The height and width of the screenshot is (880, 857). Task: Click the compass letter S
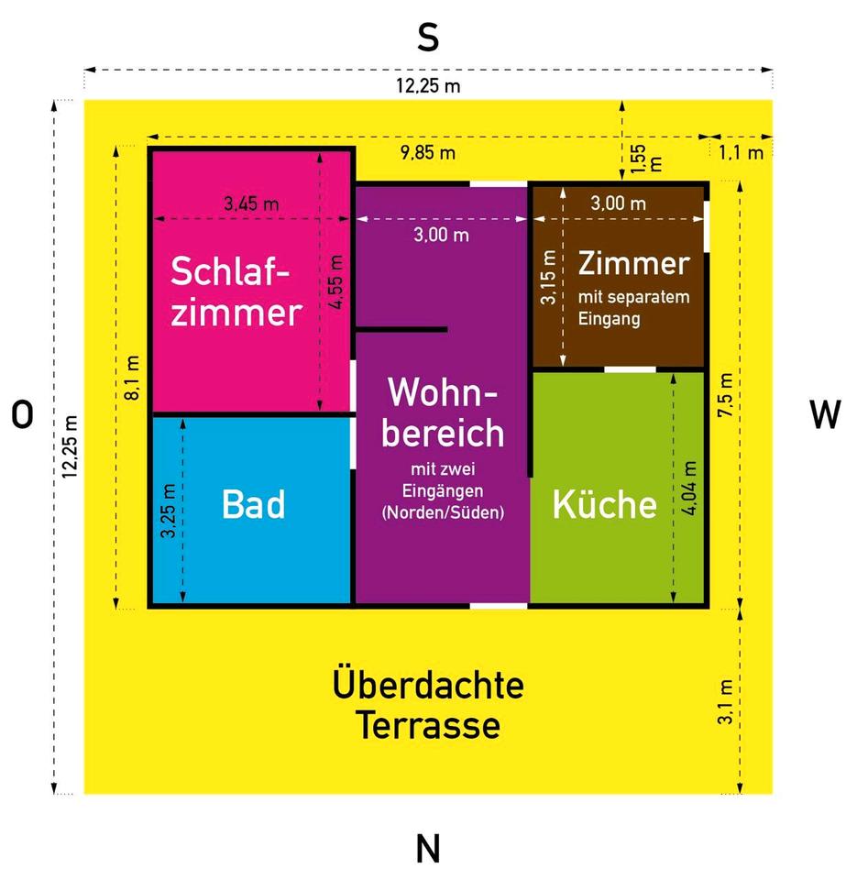pyautogui.click(x=428, y=38)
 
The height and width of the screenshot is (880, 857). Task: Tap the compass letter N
pyautogui.click(x=428, y=849)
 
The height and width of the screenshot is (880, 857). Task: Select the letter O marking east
pyautogui.click(x=22, y=416)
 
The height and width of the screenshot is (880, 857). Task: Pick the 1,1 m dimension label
pyautogui.click(x=742, y=153)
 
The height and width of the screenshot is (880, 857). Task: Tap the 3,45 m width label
pyautogui.click(x=251, y=203)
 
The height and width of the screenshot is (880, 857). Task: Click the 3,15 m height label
pyautogui.click(x=547, y=285)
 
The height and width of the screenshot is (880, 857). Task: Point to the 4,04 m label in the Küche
pyautogui.click(x=689, y=487)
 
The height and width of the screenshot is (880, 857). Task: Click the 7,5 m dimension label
pyautogui.click(x=725, y=396)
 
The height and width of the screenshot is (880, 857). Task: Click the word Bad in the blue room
pyautogui.click(x=254, y=505)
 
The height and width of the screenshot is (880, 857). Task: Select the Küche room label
pyautogui.click(x=604, y=505)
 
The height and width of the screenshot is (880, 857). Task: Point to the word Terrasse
pyautogui.click(x=428, y=726)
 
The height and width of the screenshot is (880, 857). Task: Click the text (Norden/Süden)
pyautogui.click(x=443, y=512)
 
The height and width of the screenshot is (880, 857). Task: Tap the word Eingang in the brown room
pyautogui.click(x=610, y=319)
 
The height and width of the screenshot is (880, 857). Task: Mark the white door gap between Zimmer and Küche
pyautogui.click(x=630, y=369)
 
